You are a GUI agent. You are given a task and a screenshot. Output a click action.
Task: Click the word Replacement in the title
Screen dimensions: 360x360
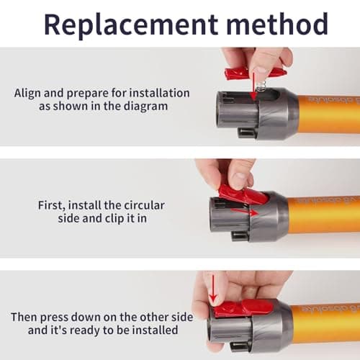131,24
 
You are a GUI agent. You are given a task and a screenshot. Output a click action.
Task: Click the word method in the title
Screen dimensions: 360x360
277,24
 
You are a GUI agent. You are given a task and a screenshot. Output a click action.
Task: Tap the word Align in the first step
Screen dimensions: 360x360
27,94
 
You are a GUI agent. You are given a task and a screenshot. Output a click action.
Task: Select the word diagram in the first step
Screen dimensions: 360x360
145,107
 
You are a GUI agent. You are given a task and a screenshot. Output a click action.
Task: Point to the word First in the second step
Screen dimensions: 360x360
52,205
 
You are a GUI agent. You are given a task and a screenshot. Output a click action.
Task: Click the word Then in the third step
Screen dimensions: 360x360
24,317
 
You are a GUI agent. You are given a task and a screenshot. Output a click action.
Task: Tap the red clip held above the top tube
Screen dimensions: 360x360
254,73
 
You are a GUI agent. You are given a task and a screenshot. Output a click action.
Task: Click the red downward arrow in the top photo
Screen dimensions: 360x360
253,86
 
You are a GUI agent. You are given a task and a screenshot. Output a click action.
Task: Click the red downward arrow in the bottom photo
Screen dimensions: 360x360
213,290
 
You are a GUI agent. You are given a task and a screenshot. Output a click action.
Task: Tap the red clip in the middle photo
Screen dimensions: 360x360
243,194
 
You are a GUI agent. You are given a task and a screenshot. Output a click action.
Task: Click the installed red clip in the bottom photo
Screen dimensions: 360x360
243,309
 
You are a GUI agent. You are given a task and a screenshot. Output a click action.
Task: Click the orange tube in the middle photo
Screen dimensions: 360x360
323,215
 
